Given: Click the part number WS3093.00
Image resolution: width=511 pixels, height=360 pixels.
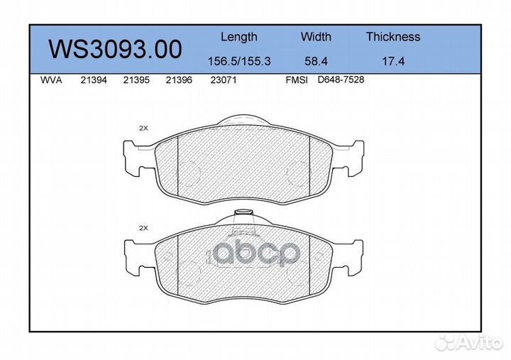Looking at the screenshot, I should point(114,49).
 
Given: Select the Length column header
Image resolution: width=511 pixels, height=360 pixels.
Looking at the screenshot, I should point(238,37).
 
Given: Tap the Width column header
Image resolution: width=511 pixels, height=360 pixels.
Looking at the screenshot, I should point(315,37).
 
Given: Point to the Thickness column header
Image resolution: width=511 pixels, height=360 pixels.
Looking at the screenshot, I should point(392,37).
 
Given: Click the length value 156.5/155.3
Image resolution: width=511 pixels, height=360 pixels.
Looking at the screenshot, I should point(238,61).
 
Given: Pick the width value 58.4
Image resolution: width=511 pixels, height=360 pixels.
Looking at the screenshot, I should point(315,61).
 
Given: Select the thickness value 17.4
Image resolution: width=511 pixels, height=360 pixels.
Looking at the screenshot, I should point(392,61).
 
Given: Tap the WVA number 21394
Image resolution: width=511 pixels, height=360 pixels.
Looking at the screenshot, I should point(93,80).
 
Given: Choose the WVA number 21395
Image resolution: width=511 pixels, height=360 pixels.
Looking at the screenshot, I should point(136,80).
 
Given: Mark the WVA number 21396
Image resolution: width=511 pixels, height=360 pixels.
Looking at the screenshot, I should point(178,80).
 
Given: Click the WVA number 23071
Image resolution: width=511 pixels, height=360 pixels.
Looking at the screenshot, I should point(224,80).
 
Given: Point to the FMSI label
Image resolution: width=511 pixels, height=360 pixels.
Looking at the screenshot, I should point(296,80).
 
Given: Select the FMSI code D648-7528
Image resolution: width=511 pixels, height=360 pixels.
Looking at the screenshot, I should point(341,80).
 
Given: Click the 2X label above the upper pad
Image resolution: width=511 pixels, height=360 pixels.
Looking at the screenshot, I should point(143,128).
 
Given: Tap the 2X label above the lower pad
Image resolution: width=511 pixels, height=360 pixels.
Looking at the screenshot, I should point(143,228).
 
